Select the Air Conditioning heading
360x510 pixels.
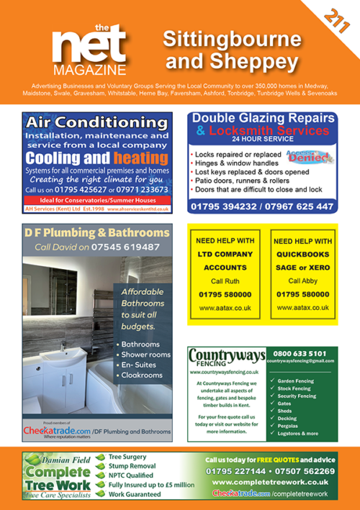[x=95, y=122]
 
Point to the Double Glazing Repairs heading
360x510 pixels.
[x=263, y=120]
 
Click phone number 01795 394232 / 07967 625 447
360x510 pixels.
[x=263, y=206]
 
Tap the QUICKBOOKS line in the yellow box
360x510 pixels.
[x=303, y=254]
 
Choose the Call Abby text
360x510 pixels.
[x=303, y=281]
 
